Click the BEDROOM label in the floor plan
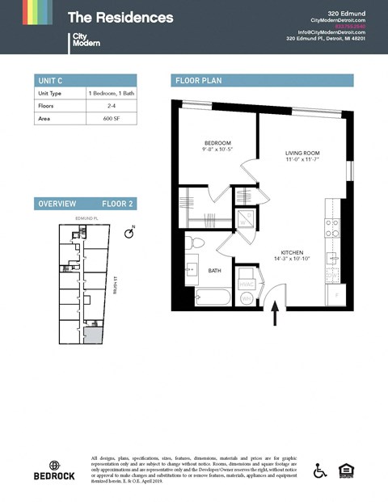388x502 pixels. pyautogui.click(x=217, y=143)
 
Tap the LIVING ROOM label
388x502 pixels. pyautogui.click(x=303, y=153)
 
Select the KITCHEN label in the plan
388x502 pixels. pyautogui.click(x=292, y=253)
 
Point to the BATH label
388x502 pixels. pyautogui.click(x=214, y=271)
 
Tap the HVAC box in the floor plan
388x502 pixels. pyautogui.click(x=247, y=285)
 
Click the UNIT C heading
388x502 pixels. pyautogui.click(x=50, y=80)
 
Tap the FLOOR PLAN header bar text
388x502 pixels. pyautogui.click(x=198, y=80)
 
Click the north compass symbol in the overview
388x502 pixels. pyautogui.click(x=129, y=233)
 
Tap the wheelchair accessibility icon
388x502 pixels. pyautogui.click(x=320, y=470)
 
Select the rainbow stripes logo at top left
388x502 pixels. pyautogui.click(x=36, y=13)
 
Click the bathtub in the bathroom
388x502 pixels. pyautogui.click(x=211, y=297)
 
